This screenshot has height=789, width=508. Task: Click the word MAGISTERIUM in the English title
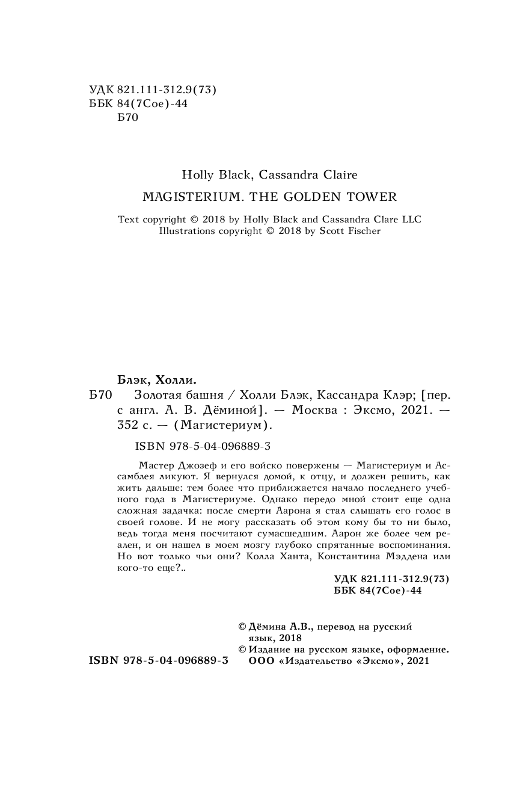[183, 197]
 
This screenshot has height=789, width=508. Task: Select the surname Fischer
[361, 231]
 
